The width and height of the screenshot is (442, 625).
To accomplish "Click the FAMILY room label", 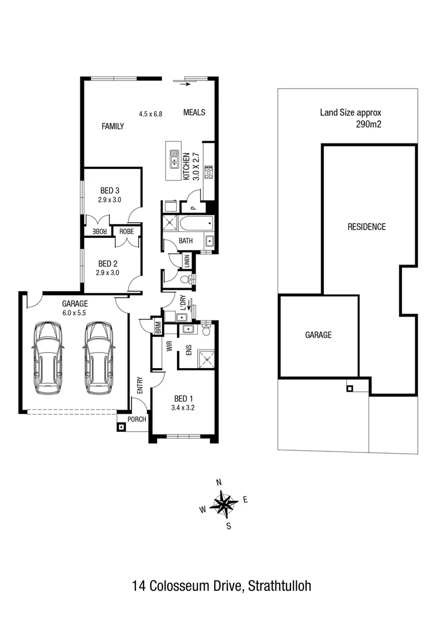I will coord(113,126).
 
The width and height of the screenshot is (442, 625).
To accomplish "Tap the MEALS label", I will coord(194,112).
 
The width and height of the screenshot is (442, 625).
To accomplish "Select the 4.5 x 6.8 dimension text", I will coord(150,114).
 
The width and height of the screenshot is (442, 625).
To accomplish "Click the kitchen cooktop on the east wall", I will coord(209,171).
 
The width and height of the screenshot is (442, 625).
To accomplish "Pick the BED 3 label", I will coord(109,190).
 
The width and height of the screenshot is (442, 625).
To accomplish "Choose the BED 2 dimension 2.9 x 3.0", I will coord(109,273).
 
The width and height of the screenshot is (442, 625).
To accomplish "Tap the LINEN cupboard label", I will coord(187,260).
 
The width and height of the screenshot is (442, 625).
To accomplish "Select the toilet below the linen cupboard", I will coord(186,280).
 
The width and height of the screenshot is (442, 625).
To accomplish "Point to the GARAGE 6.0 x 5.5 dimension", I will coord(75,313).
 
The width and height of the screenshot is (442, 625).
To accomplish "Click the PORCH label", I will coord(137,420).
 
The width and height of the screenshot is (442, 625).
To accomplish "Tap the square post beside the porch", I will coord(121,428).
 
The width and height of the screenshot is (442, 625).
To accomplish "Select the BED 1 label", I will coord(181,399).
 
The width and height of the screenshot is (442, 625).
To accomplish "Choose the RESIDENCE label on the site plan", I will coord(366,227).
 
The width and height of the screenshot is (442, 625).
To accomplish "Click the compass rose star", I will coord(223,503).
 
